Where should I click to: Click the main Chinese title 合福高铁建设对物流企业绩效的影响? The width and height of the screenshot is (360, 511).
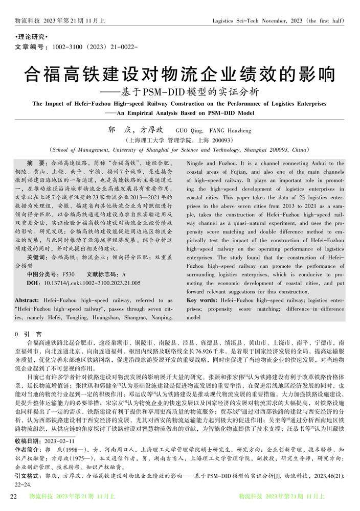pyautogui.click(x=179, y=75)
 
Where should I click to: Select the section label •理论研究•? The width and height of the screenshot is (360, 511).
pyautogui.click(x=30, y=38)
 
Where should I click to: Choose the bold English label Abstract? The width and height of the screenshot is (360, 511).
pyautogui.click(x=29, y=301)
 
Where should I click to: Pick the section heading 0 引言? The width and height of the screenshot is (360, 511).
pyautogui.click(x=25, y=333)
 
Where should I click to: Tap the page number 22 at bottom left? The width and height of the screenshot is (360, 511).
pyautogui.click(x=15, y=497)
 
